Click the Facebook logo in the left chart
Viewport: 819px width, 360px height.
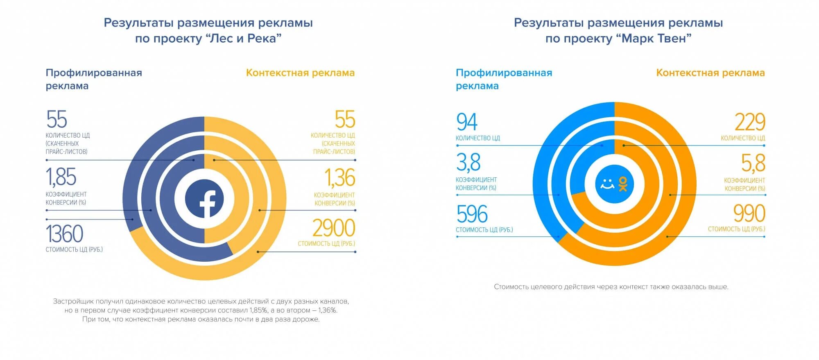click(x=204, y=199)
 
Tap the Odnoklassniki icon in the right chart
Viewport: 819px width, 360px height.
click(x=623, y=184)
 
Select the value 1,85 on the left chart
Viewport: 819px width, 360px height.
click(x=61, y=177)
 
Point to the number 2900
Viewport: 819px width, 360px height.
click(x=333, y=228)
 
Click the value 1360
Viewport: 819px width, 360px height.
click(x=65, y=234)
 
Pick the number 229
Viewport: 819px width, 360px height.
click(x=749, y=122)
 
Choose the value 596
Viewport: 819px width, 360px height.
click(x=472, y=214)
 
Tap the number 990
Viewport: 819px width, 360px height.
click(x=749, y=213)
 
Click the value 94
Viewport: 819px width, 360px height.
click(x=467, y=122)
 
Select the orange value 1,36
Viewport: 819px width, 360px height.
click(x=339, y=178)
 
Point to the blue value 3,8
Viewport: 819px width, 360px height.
click(x=468, y=163)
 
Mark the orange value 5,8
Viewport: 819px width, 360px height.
click(x=753, y=163)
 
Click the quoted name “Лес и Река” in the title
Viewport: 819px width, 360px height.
click(x=243, y=38)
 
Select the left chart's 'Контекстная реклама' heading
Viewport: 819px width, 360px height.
click(x=300, y=73)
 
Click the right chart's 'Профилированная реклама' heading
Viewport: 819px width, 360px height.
click(x=504, y=79)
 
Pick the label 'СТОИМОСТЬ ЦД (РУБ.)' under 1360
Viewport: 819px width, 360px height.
click(x=74, y=249)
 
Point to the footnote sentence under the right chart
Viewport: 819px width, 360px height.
click(x=611, y=287)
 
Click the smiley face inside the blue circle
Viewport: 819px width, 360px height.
click(x=607, y=184)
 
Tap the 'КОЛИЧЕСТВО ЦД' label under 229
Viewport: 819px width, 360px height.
click(x=743, y=138)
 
